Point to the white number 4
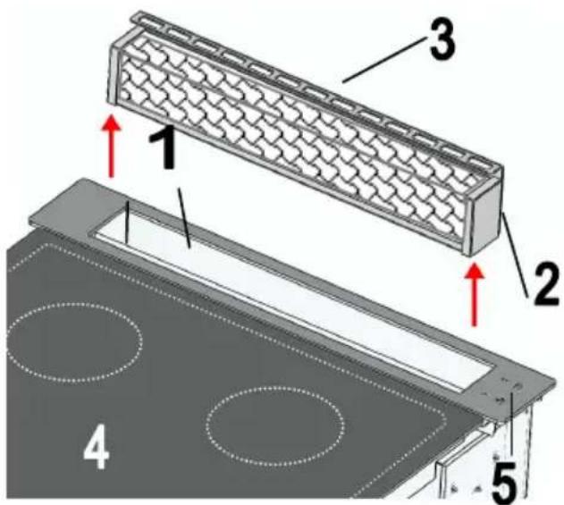tap(96, 446)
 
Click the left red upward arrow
tap(113, 146)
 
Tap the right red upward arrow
tap(475, 294)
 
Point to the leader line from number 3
tap(383, 61)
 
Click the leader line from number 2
tap(516, 255)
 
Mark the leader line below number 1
tap(184, 219)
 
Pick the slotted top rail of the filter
tap(316, 90)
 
